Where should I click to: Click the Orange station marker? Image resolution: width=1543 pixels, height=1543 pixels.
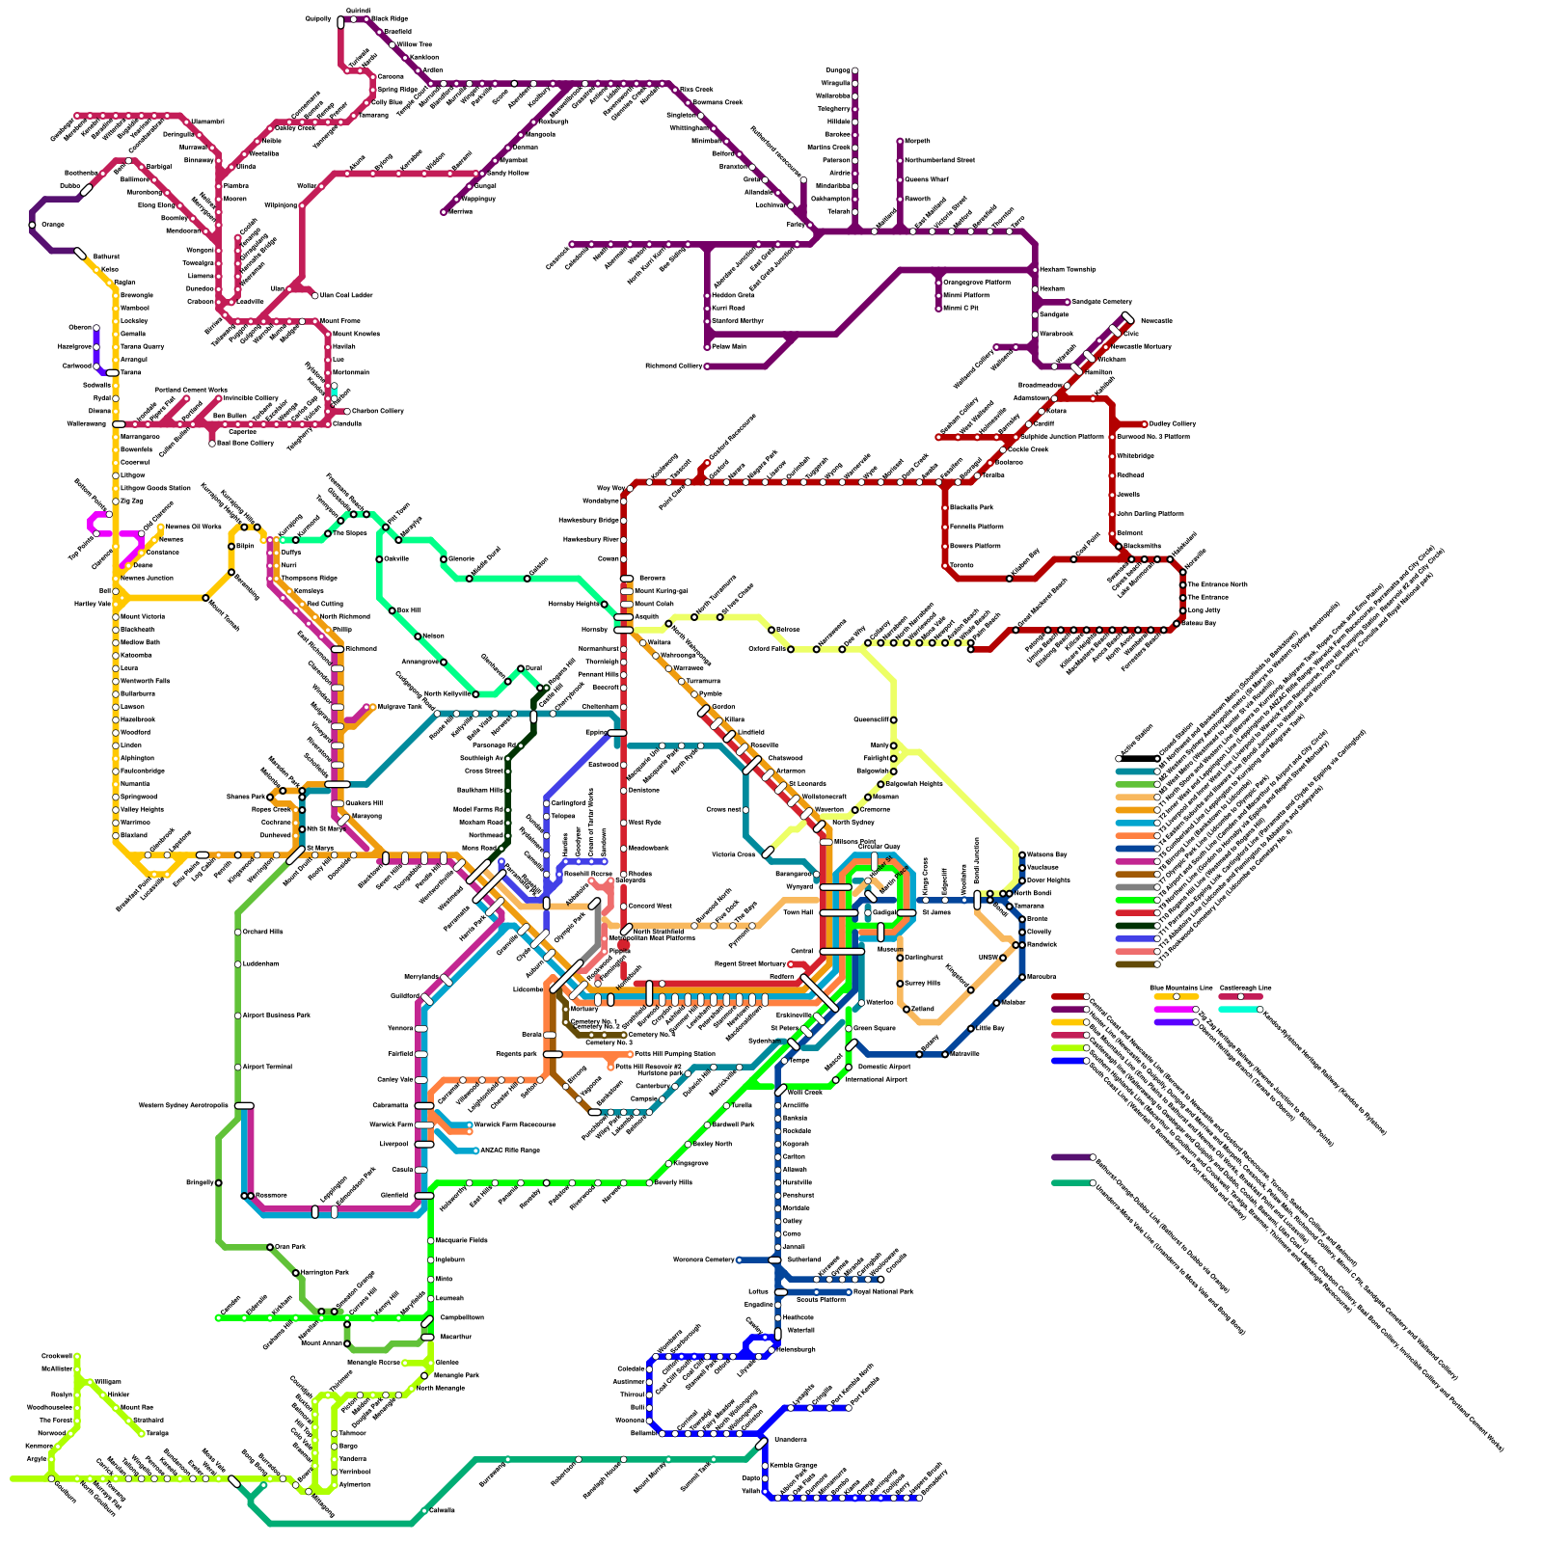[x=33, y=225]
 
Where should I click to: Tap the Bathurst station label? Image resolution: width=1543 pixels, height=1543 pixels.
[x=105, y=257]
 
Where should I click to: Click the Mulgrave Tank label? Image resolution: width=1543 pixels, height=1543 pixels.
[x=399, y=707]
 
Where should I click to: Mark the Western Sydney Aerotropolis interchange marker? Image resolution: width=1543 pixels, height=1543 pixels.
[x=244, y=1105]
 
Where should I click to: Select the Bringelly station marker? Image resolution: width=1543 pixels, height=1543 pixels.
[x=219, y=1182]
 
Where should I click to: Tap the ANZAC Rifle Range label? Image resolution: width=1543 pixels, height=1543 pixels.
[x=509, y=1150]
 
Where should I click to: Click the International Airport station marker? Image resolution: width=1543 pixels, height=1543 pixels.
[x=835, y=1080]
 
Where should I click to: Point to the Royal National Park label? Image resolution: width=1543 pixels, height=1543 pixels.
[x=883, y=1290]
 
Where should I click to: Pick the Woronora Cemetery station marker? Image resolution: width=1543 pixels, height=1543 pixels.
[x=739, y=1259]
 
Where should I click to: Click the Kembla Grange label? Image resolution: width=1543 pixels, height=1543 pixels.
[x=794, y=1465]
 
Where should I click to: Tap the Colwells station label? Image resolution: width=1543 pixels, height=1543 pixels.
[x=442, y=1510]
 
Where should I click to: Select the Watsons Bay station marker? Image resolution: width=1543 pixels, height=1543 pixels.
[x=1022, y=854]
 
